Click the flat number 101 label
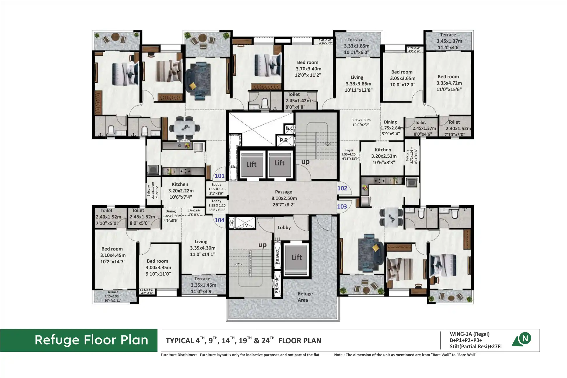(x=220, y=176)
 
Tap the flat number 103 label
(x=342, y=206)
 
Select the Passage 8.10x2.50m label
(x=284, y=198)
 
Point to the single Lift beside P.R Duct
(x=296, y=257)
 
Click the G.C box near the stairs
(x=289, y=128)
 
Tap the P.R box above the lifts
(x=283, y=140)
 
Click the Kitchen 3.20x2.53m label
(x=383, y=156)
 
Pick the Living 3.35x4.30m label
(x=202, y=248)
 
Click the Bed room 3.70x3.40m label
(x=308, y=69)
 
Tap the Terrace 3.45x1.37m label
(x=449, y=41)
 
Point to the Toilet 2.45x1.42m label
(x=297, y=101)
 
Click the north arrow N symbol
(x=525, y=339)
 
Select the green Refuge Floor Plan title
(x=91, y=340)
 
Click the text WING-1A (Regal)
(x=469, y=334)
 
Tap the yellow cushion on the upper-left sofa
(x=193, y=86)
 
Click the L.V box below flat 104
(x=245, y=225)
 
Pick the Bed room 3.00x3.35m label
(x=158, y=267)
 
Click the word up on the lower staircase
(x=262, y=245)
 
